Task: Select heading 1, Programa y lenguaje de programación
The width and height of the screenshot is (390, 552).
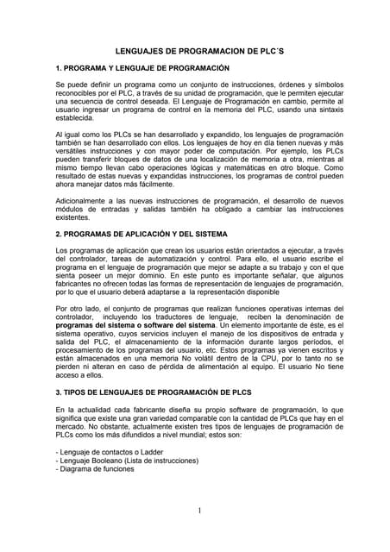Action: point(142,67)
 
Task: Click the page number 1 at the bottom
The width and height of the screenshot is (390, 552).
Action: point(198,511)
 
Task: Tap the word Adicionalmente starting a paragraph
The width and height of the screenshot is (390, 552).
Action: point(84,201)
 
